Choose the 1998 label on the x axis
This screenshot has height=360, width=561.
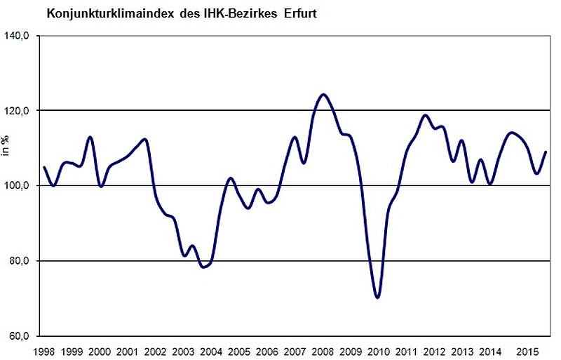coord(43,350)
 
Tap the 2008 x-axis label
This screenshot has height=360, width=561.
coord(323,350)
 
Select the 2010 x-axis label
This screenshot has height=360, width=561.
coord(379,350)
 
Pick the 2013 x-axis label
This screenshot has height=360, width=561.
coord(463,350)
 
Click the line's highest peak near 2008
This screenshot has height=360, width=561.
coord(323,94)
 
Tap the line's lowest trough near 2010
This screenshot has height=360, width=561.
coord(378,298)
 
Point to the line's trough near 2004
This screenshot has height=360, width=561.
coord(203,267)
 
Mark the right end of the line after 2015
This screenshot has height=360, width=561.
coord(546,152)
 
